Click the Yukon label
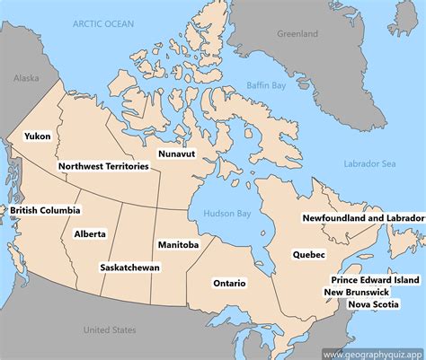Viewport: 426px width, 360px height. point(38,136)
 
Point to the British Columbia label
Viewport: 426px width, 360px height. point(45,210)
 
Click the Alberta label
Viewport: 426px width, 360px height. point(90,233)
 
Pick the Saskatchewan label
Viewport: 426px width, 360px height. point(130,268)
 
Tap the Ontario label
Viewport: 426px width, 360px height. point(229,283)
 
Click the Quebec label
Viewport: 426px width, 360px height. point(308,254)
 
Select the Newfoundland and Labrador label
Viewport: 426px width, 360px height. point(363,218)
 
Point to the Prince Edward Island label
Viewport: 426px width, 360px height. point(376,280)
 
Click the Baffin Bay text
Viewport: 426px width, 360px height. point(267,86)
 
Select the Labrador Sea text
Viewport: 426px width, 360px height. point(369,163)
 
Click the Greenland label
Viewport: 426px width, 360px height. point(297,34)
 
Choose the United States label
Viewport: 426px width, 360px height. point(110,330)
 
